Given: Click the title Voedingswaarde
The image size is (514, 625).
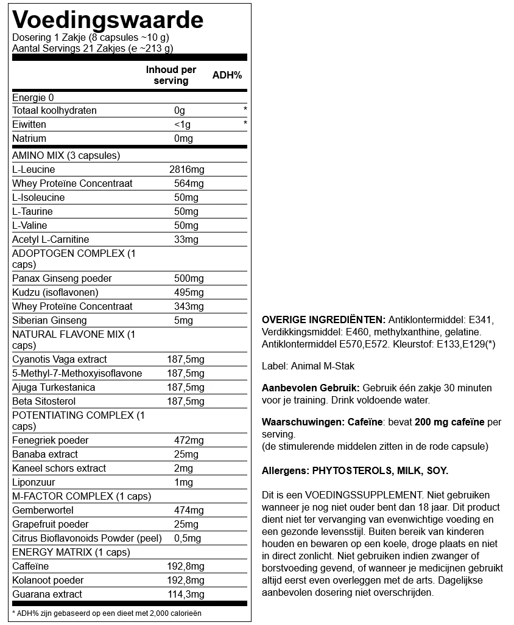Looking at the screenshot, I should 108,20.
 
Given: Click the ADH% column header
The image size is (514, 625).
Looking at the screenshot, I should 227,75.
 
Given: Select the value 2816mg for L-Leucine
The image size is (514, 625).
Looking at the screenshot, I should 186,170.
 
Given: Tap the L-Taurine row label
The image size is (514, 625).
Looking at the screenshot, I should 32,212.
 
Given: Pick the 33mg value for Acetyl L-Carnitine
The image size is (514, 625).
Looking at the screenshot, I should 186,240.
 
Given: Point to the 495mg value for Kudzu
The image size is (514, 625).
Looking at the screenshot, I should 189,293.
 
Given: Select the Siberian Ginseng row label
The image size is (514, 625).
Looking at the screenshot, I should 49,321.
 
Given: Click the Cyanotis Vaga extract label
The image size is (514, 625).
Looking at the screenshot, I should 59,360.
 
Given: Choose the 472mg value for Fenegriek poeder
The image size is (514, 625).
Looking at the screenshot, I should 189,441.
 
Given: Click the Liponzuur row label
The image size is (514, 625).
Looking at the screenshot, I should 33,483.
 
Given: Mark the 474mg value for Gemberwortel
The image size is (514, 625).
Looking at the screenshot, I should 189,511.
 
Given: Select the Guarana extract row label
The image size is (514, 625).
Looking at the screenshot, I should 47,595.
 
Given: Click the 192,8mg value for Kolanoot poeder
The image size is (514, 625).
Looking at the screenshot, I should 186,581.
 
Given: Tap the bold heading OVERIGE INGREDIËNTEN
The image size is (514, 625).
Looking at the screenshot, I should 323,320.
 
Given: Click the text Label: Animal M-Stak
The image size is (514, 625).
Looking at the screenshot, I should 308,366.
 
